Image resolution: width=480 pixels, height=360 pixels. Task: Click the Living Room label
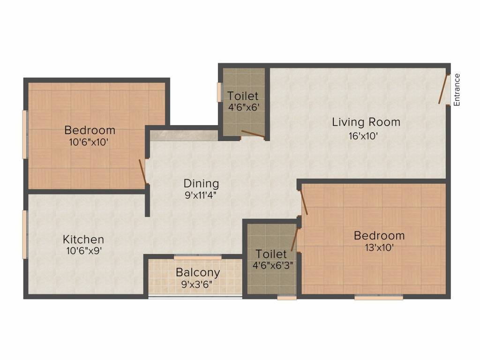click(x=366, y=122)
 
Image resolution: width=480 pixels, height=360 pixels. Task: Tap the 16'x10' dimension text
click(x=363, y=136)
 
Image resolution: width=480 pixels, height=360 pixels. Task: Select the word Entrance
click(x=457, y=90)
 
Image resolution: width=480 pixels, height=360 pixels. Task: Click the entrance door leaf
click(x=443, y=89)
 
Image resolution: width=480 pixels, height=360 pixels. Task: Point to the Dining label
click(x=202, y=183)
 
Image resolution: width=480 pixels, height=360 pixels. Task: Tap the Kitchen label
click(x=83, y=239)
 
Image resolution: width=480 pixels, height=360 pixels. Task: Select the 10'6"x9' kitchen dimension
click(x=84, y=251)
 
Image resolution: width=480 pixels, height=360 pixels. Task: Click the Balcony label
click(x=198, y=272)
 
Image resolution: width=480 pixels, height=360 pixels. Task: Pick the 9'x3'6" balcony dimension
click(x=197, y=285)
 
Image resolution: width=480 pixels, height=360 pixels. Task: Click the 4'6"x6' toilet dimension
click(x=244, y=107)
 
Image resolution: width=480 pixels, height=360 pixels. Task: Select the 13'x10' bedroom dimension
click(x=379, y=247)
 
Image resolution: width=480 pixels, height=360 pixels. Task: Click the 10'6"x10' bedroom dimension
click(x=89, y=142)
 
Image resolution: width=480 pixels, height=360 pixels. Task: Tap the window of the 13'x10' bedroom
click(x=379, y=297)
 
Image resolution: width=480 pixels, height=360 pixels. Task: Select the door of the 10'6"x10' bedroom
click(x=142, y=172)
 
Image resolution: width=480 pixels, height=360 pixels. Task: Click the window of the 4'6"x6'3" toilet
click(x=287, y=297)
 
